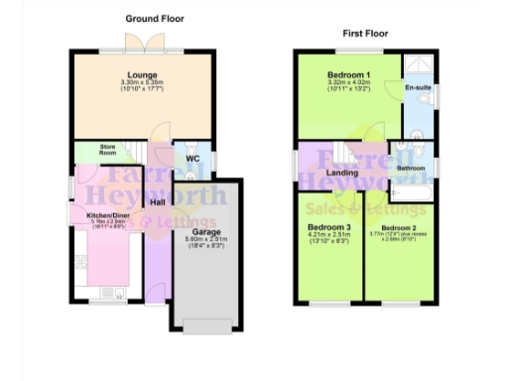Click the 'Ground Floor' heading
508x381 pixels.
pyautogui.click(x=155, y=19)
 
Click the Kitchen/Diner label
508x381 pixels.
pyautogui.click(x=108, y=215)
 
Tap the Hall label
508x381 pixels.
pyautogui.click(x=158, y=202)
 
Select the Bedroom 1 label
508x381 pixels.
pyautogui.click(x=349, y=75)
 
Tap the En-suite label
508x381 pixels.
pyautogui.click(x=418, y=88)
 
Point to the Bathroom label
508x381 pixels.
pyautogui.click(x=412, y=169)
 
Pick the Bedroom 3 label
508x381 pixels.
pyautogui.click(x=327, y=226)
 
